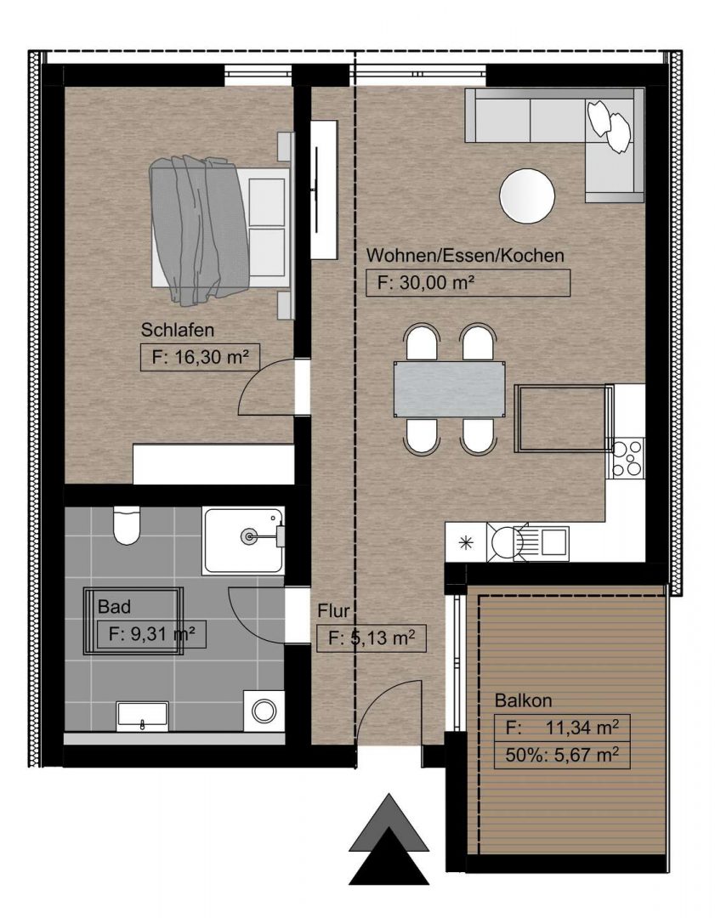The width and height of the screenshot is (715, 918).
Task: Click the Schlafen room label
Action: tap(178, 330)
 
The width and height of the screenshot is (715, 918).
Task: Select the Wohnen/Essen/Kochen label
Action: tap(465, 256)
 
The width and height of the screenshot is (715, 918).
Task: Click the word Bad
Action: tap(114, 607)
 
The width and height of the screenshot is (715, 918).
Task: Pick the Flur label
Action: tap(333, 611)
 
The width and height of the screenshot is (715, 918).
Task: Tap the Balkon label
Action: tap(523, 700)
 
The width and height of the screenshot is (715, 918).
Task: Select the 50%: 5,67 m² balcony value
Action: tap(562, 756)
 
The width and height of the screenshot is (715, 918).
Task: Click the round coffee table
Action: tap(527, 196)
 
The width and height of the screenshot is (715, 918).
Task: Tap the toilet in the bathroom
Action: tap(127, 524)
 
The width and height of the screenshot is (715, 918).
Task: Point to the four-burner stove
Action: tap(627, 458)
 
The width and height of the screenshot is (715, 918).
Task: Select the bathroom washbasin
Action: tap(142, 716)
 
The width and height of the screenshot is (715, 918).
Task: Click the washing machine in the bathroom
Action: tap(264, 710)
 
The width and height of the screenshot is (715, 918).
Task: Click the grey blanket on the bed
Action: tap(199, 230)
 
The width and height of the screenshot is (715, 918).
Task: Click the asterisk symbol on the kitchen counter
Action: tap(466, 543)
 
